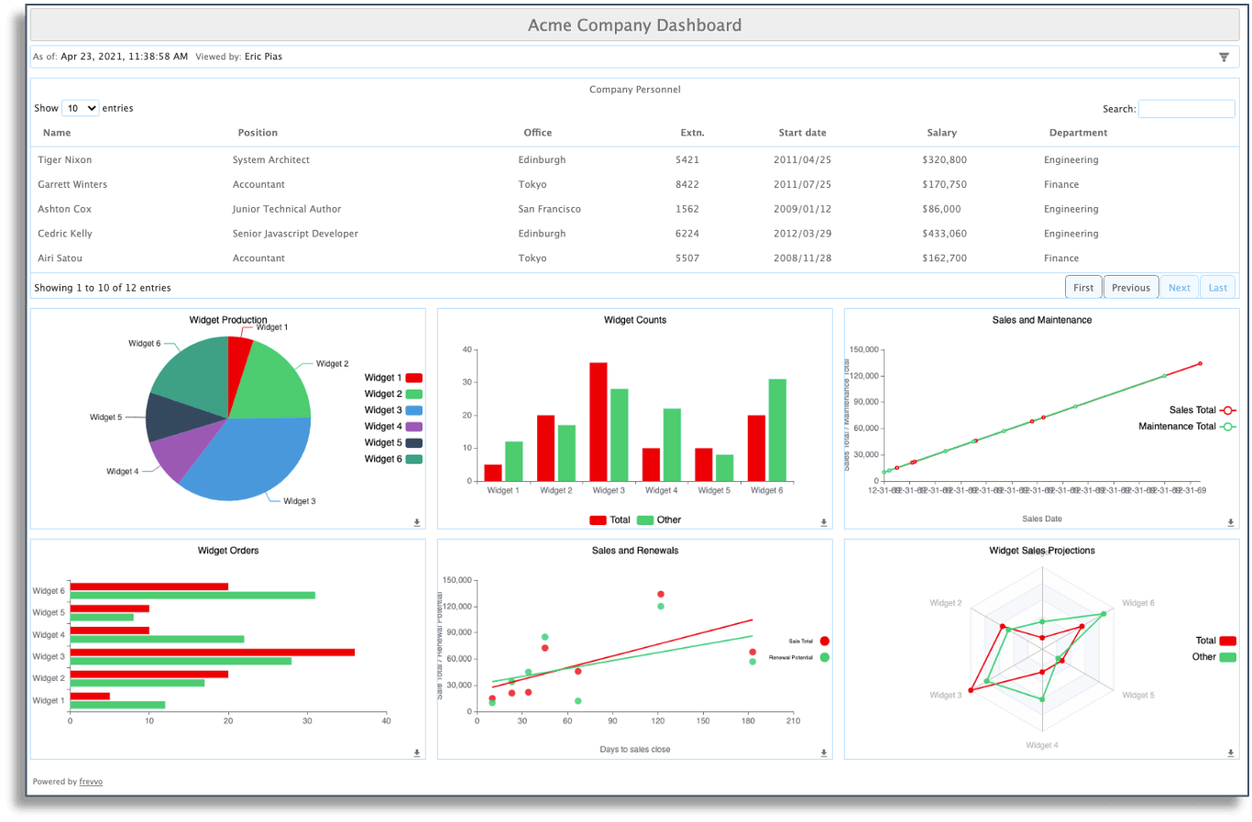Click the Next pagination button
tap(1179, 288)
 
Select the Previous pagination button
tap(1130, 288)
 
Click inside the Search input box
tap(1186, 109)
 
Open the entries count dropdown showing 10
tap(80, 108)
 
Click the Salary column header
tap(941, 133)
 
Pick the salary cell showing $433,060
tap(944, 234)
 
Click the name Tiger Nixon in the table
tap(64, 160)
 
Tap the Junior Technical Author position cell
tap(286, 209)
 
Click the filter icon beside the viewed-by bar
tap(1224, 57)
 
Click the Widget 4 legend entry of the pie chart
tap(392, 427)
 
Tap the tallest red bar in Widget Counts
tap(599, 422)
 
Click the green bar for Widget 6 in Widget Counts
tap(777, 430)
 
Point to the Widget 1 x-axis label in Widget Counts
tap(503, 491)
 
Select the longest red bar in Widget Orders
tap(212, 652)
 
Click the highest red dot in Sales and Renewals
tap(661, 595)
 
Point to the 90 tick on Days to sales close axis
tap(612, 721)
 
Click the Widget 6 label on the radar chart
tap(1137, 603)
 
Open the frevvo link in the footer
tap(91, 782)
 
